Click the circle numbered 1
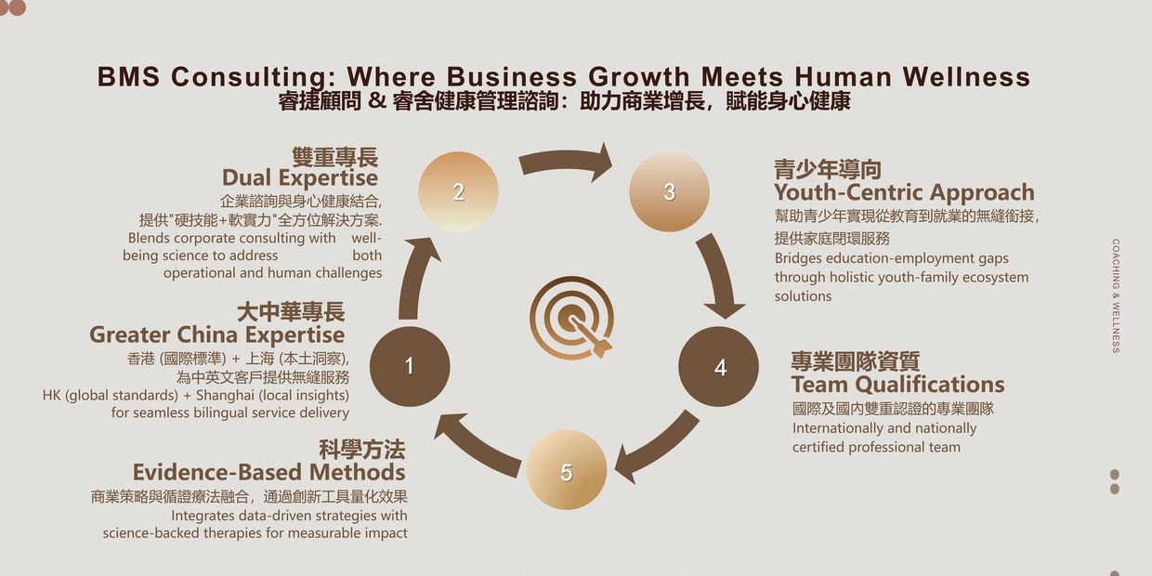(x=410, y=366)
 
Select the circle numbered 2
(x=458, y=192)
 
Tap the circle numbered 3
(x=669, y=192)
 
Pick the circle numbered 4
(x=719, y=367)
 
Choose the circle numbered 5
(x=566, y=471)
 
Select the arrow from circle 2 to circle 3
(x=565, y=162)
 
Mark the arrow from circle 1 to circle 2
(x=413, y=279)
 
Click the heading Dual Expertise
(x=299, y=178)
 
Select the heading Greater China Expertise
(x=216, y=334)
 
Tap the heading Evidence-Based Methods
(x=268, y=472)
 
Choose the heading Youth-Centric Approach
(x=904, y=193)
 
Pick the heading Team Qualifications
(x=897, y=385)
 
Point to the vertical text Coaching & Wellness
(x=1116, y=295)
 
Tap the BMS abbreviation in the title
(x=129, y=77)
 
